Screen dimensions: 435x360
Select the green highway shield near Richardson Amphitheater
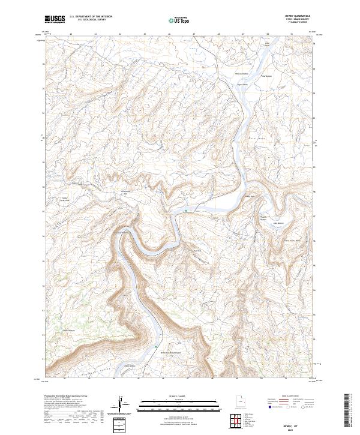click(157, 347)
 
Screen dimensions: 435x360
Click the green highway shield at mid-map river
click(187, 210)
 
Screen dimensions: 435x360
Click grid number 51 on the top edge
click(292, 34)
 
